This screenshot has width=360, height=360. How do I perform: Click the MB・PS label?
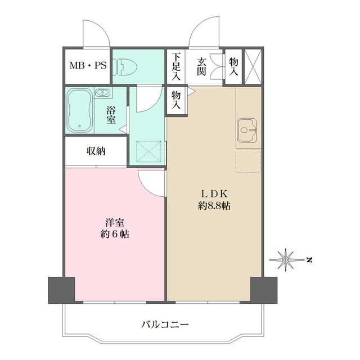pos(88,65)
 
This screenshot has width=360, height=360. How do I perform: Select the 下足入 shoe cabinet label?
pos(176,66)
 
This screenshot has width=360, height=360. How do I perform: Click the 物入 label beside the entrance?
pos(233,66)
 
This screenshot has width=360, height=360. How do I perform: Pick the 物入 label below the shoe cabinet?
pos(176,101)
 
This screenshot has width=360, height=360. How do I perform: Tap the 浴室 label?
pos(111,115)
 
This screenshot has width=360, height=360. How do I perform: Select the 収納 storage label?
pos(96,151)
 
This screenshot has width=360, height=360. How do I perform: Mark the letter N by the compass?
pos(309,259)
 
